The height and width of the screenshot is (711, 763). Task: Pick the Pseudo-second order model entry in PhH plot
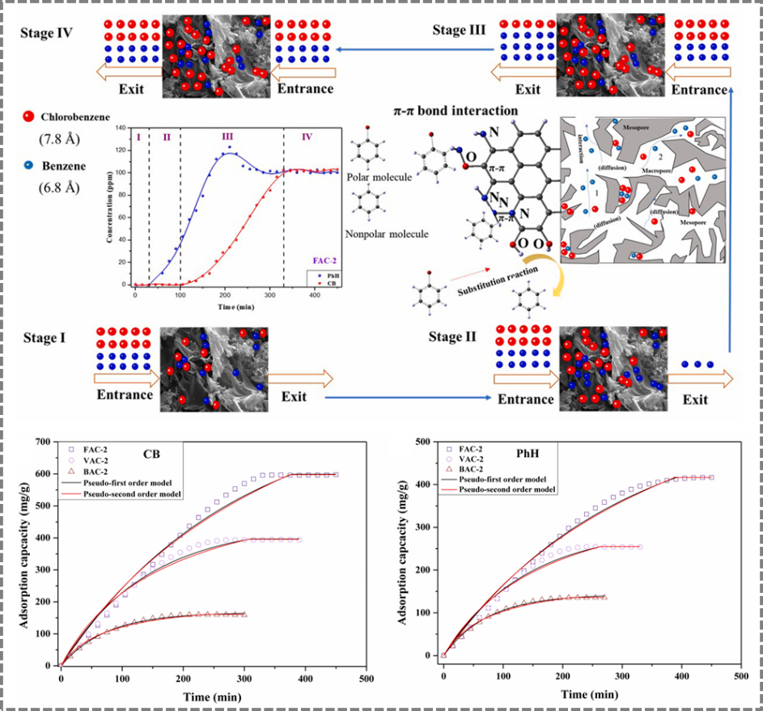tap(507, 489)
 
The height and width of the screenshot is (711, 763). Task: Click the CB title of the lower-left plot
tap(150, 454)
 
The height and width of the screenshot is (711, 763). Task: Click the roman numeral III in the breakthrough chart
tap(227, 137)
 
